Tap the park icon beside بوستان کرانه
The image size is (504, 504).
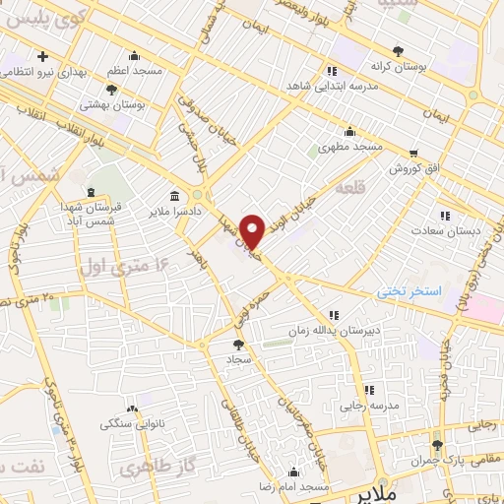(x=398, y=50)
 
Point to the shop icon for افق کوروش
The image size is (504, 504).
(x=414, y=153)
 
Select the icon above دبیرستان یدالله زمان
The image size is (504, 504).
(x=334, y=315)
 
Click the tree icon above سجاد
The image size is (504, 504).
(x=237, y=345)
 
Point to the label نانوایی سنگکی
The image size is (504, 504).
(x=133, y=423)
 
